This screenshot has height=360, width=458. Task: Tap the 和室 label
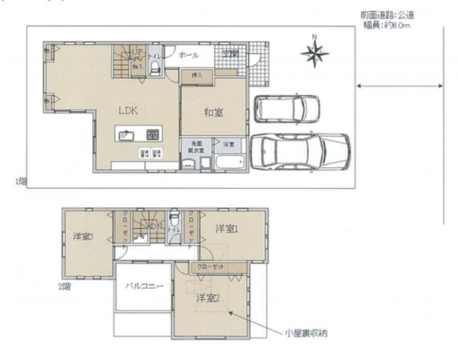(213, 113)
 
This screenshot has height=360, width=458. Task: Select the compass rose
(315, 53)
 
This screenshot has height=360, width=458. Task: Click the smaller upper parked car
(286, 108)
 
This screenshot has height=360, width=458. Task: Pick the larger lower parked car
(297, 150)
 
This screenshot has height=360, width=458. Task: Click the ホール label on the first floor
(189, 55)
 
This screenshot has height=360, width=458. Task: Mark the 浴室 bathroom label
(229, 144)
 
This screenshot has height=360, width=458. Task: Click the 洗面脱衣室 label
(197, 146)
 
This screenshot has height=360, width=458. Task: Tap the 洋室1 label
(226, 229)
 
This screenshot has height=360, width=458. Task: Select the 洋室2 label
(208, 298)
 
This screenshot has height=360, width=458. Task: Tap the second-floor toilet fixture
(173, 217)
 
